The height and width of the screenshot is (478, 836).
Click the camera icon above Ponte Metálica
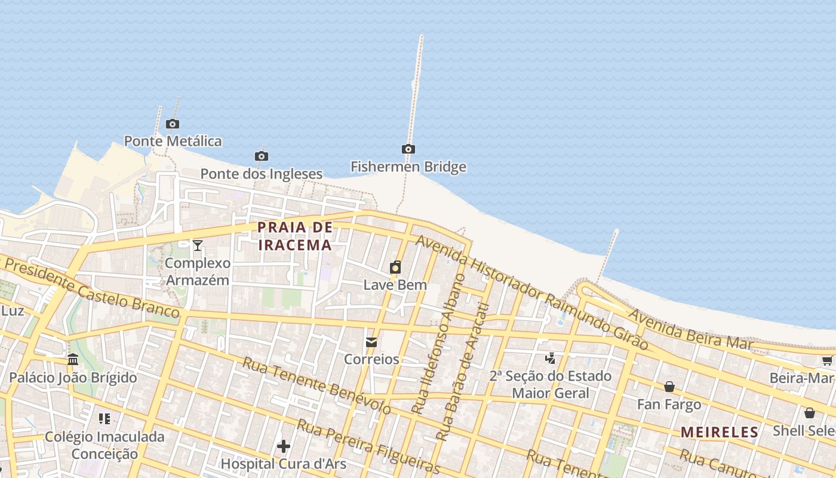[x=173, y=124]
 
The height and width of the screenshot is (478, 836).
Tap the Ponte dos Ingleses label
[x=261, y=174]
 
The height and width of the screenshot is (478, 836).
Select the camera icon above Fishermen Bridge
[x=408, y=149]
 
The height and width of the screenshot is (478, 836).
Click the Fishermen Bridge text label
[x=408, y=167]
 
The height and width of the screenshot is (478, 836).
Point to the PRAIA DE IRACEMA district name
[x=295, y=236]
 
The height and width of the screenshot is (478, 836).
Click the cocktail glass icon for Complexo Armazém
[x=198, y=245]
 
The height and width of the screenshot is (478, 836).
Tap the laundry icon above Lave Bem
[x=395, y=267]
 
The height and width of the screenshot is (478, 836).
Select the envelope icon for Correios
[x=371, y=342]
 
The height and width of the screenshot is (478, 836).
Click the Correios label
[x=371, y=359]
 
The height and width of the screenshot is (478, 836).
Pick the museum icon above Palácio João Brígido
[x=73, y=360]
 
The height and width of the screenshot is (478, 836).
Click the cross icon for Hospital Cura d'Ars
[x=284, y=446]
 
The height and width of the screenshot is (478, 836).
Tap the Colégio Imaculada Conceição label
[x=105, y=445]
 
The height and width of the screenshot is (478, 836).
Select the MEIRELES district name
[x=720, y=432]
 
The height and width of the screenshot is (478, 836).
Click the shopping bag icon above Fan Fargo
[x=669, y=387]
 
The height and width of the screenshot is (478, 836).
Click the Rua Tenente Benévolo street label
[x=316, y=386]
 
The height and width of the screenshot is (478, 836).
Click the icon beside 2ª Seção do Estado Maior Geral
[x=551, y=358]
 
